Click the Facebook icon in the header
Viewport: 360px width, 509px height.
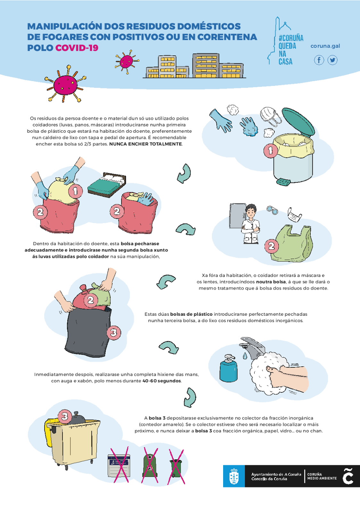coord(319,60)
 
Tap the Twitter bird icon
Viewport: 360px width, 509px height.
coord(332,60)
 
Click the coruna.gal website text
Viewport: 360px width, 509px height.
coord(325,46)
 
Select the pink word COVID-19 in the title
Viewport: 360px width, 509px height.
coord(77,48)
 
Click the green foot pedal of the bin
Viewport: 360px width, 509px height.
coord(283,181)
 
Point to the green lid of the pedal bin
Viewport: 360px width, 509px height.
coord(298,122)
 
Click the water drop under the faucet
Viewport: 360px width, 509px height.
coord(245,356)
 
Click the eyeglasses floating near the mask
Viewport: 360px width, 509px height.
coord(272,210)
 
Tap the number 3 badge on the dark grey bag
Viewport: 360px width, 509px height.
coord(114,333)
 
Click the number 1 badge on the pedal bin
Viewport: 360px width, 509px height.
coord(270,150)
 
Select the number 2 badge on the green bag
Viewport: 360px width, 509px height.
coord(272,246)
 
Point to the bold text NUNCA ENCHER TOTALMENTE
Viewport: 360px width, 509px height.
coord(146,144)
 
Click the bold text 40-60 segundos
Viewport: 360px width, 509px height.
coord(162,381)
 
